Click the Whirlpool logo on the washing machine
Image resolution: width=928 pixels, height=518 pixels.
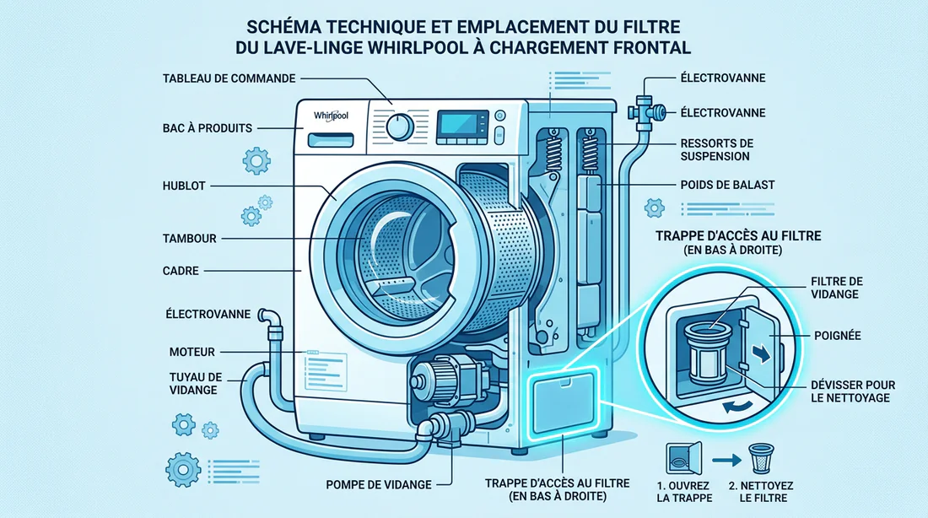pyautogui.click(x=331, y=115)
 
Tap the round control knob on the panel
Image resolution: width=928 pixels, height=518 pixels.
pyautogui.click(x=399, y=127)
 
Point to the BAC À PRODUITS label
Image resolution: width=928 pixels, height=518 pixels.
pyautogui.click(x=207, y=128)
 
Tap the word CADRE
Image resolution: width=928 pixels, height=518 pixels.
pyautogui.click(x=181, y=272)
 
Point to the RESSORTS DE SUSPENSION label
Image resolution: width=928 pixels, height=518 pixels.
pyautogui.click(x=716, y=149)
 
